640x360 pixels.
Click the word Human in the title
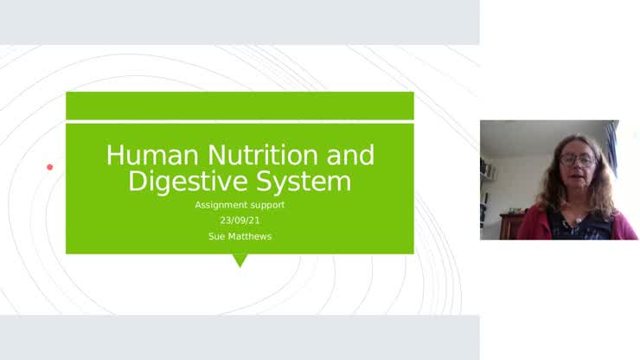coord(152,155)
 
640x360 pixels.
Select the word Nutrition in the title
coord(262,155)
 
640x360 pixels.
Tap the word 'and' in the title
coord(350,155)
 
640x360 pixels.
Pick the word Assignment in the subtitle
coord(222,205)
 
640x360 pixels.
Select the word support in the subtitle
coord(268,206)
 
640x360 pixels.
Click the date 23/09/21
coord(240,221)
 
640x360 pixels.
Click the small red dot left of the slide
coord(50,167)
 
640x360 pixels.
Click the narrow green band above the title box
coord(240,106)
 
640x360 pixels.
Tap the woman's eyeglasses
coord(577,160)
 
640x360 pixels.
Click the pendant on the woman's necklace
coord(578,221)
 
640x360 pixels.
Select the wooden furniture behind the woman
coord(511,225)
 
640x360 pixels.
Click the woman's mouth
coord(574,177)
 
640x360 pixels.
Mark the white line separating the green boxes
coord(240,122)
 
